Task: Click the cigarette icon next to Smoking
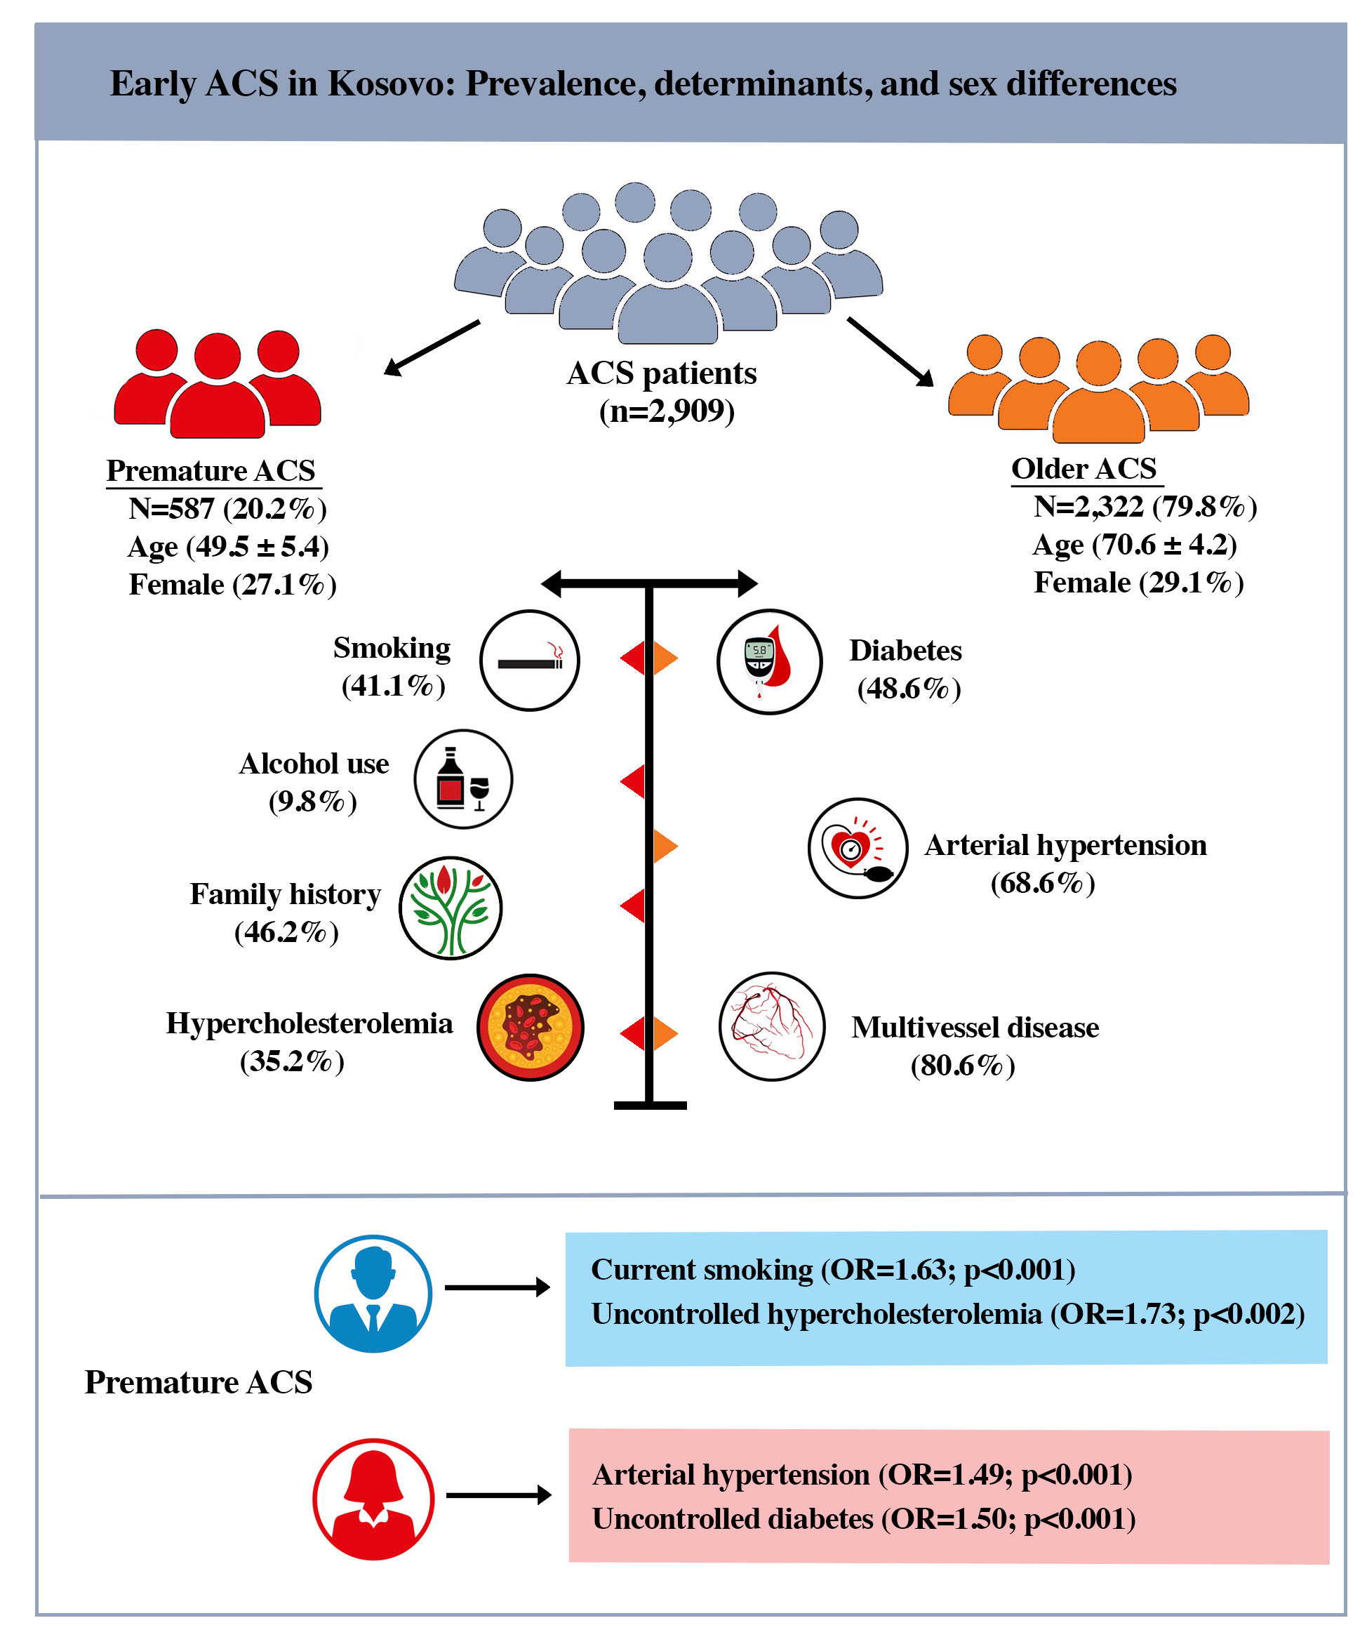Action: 529,660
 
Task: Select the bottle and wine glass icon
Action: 463,778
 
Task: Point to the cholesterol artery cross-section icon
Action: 530,1026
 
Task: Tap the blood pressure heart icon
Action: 857,847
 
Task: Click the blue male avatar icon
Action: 373,1293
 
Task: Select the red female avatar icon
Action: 373,1499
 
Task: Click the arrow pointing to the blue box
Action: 496,1287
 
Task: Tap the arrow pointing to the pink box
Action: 498,1494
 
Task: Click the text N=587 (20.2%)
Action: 227,509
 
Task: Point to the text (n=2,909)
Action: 666,411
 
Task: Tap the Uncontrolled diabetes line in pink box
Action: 863,1518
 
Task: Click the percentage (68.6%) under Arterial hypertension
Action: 1041,882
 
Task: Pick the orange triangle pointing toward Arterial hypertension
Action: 665,846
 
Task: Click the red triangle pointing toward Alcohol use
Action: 632,781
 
